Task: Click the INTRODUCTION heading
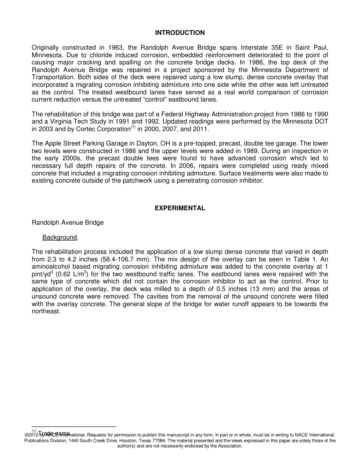point(180,33)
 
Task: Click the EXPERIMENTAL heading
point(180,208)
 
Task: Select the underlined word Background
point(59,238)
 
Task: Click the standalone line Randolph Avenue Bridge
point(67,223)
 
